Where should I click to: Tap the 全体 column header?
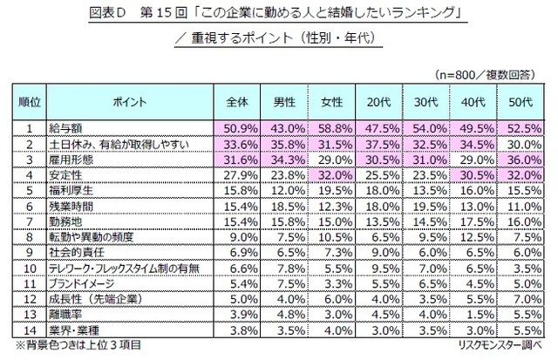point(235,102)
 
